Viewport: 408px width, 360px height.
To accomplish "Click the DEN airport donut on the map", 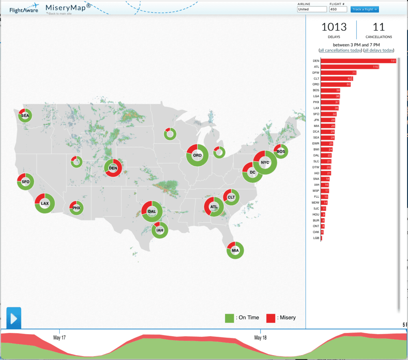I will click(x=113, y=168).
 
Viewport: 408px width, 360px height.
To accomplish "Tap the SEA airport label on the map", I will click(x=25, y=116).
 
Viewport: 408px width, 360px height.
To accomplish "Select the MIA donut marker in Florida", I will click(x=235, y=250).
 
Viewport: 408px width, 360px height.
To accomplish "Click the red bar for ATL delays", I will click(x=349, y=67).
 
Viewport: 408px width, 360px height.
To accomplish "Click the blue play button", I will click(x=14, y=318).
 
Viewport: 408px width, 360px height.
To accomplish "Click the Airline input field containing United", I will click(x=312, y=9).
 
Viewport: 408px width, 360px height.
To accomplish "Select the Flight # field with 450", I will click(x=338, y=9).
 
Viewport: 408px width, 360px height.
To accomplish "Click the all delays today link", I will click(x=379, y=50).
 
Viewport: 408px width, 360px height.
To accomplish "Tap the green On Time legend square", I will click(x=229, y=318).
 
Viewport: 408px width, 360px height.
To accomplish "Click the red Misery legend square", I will click(x=271, y=318).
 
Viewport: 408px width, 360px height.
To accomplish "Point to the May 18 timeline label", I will click(x=260, y=338).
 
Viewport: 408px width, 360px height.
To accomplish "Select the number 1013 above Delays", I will click(x=334, y=27).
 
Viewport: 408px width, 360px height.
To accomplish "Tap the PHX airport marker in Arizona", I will click(x=76, y=208).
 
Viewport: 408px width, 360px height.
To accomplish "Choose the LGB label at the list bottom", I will click(x=316, y=238).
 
